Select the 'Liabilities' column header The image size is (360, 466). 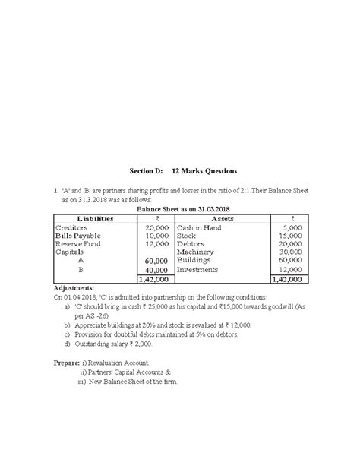93,218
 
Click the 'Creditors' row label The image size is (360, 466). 72,227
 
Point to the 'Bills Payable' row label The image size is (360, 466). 78,236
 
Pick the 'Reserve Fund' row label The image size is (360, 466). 79,244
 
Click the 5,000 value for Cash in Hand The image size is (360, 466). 292,227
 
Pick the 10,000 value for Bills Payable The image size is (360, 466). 156,236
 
